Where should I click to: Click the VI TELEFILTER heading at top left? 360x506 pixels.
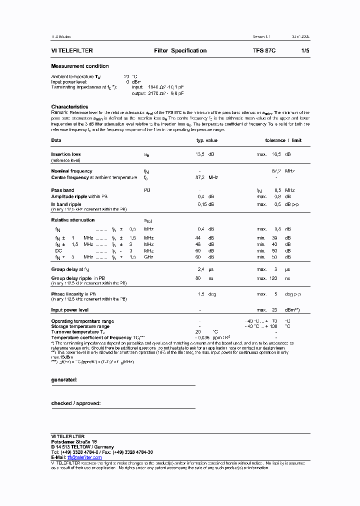(x=72, y=50)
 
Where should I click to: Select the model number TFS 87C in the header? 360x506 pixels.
(x=264, y=50)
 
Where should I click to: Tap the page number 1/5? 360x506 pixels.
(x=305, y=50)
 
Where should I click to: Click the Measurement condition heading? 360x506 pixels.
(x=80, y=66)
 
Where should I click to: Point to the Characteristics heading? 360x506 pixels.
(x=69, y=106)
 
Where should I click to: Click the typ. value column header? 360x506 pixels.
(x=206, y=140)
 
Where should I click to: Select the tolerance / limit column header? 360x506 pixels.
(x=283, y=140)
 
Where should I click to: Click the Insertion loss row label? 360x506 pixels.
(x=66, y=154)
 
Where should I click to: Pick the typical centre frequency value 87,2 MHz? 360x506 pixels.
(x=206, y=177)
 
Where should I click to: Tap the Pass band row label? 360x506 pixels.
(x=62, y=190)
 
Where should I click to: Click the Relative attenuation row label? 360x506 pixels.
(x=72, y=220)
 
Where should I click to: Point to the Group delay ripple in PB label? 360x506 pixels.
(x=78, y=278)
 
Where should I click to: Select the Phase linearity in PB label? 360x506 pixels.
(x=73, y=294)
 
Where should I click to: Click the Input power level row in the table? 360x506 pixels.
(x=70, y=310)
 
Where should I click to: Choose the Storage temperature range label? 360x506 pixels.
(x=80, y=326)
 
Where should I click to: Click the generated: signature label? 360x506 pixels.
(x=64, y=380)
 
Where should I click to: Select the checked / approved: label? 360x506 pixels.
(x=76, y=403)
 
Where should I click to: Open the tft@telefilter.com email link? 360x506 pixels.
(x=84, y=457)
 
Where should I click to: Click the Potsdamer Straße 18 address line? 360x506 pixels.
(x=74, y=442)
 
